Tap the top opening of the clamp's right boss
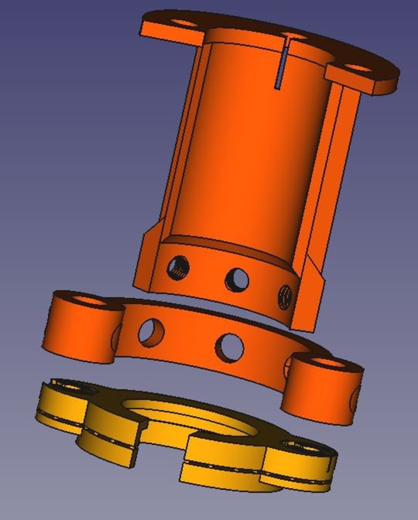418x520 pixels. [327, 364]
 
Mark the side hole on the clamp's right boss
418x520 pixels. [354, 400]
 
